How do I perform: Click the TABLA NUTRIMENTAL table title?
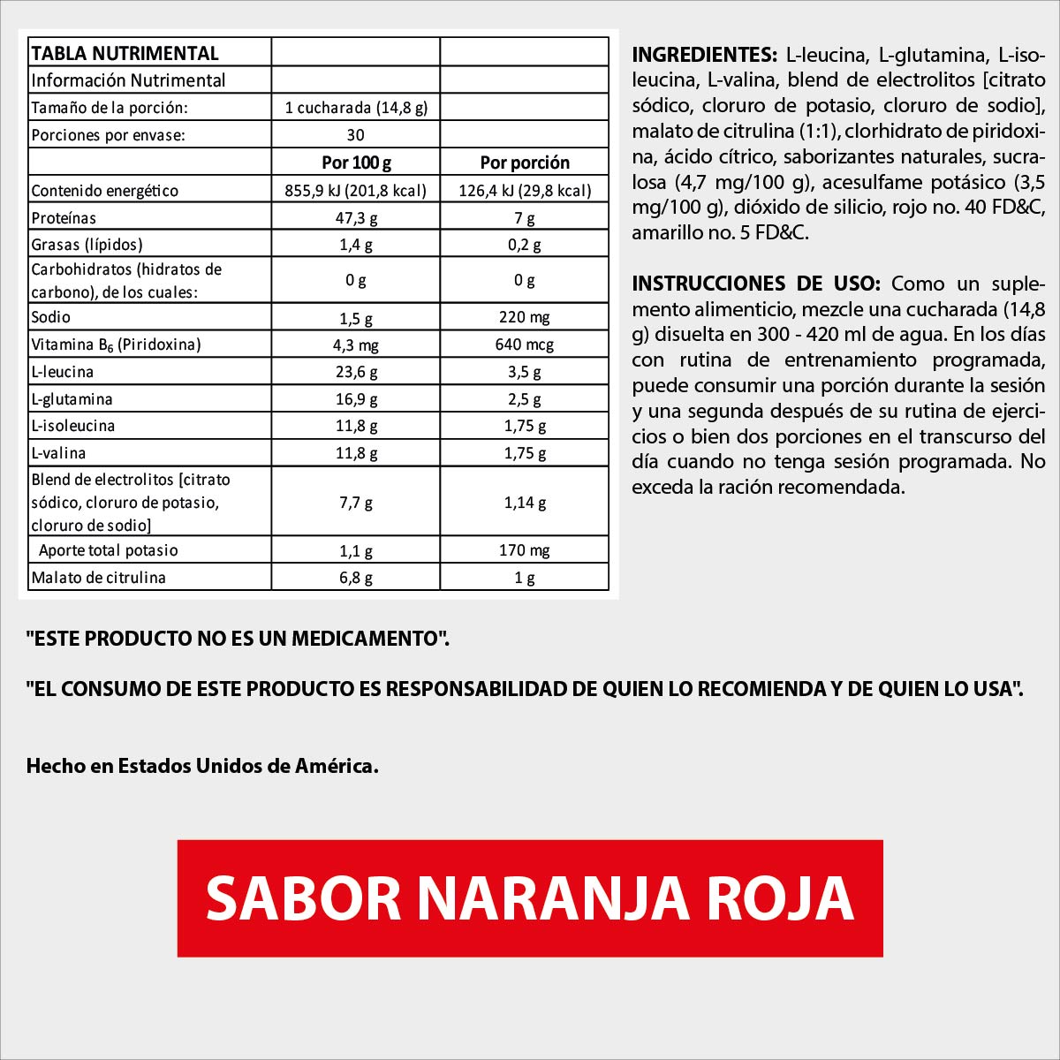(125, 53)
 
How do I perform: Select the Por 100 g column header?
(356, 163)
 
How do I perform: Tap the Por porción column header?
(525, 163)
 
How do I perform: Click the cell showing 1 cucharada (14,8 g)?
(356, 108)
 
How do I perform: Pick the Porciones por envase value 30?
(356, 135)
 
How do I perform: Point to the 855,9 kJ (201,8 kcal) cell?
(356, 191)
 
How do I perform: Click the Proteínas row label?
(64, 218)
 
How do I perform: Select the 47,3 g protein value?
(356, 218)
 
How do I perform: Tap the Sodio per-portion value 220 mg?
(525, 317)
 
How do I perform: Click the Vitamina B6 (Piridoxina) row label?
(116, 344)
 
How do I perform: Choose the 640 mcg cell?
(525, 344)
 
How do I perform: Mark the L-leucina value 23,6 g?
(356, 372)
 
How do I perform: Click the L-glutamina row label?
(72, 399)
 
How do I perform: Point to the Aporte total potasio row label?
(109, 550)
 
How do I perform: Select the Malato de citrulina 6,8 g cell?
(356, 578)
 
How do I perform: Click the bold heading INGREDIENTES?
(704, 55)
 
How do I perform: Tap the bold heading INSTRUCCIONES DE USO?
(756, 284)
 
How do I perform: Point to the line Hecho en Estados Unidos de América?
(202, 766)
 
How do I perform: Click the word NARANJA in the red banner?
(553, 898)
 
